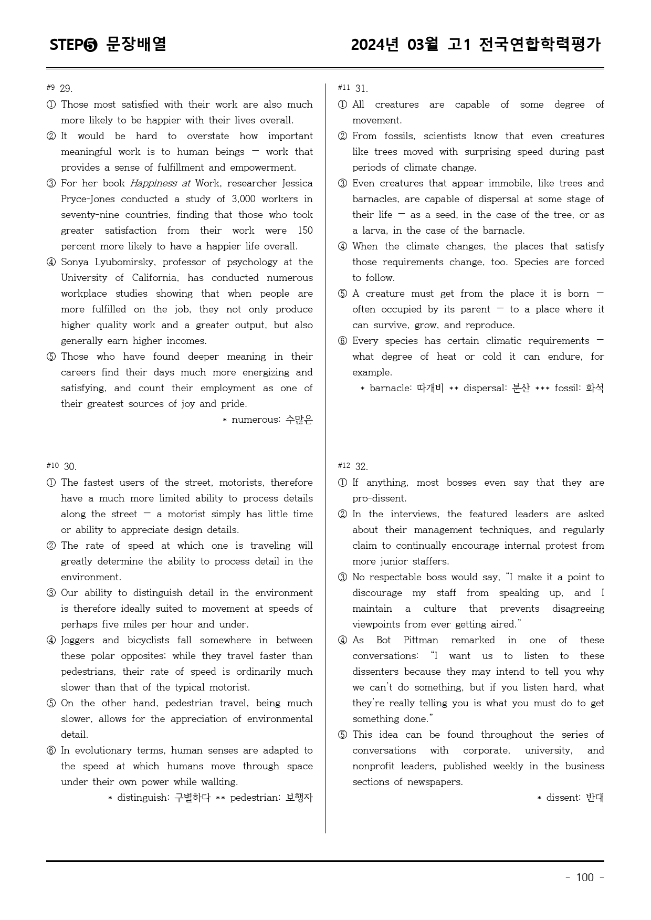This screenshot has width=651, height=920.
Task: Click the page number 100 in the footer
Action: tap(585, 877)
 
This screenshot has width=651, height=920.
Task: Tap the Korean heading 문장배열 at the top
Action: tap(136, 44)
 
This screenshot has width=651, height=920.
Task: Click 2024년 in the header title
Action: tap(375, 44)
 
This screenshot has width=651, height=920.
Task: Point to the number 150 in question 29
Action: tap(304, 231)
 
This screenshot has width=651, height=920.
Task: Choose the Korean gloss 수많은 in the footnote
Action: tap(299, 420)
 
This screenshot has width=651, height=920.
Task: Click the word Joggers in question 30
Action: tap(78, 640)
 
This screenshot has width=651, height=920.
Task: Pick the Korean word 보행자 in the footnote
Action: tap(299, 798)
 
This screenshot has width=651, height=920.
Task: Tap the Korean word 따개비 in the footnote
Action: tap(430, 388)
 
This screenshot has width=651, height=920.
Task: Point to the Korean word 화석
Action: tap(595, 388)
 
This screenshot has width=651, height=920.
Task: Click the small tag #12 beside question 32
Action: tap(344, 465)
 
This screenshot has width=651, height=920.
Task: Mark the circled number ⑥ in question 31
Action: tap(342, 341)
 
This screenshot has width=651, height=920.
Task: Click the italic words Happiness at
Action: tap(160, 183)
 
